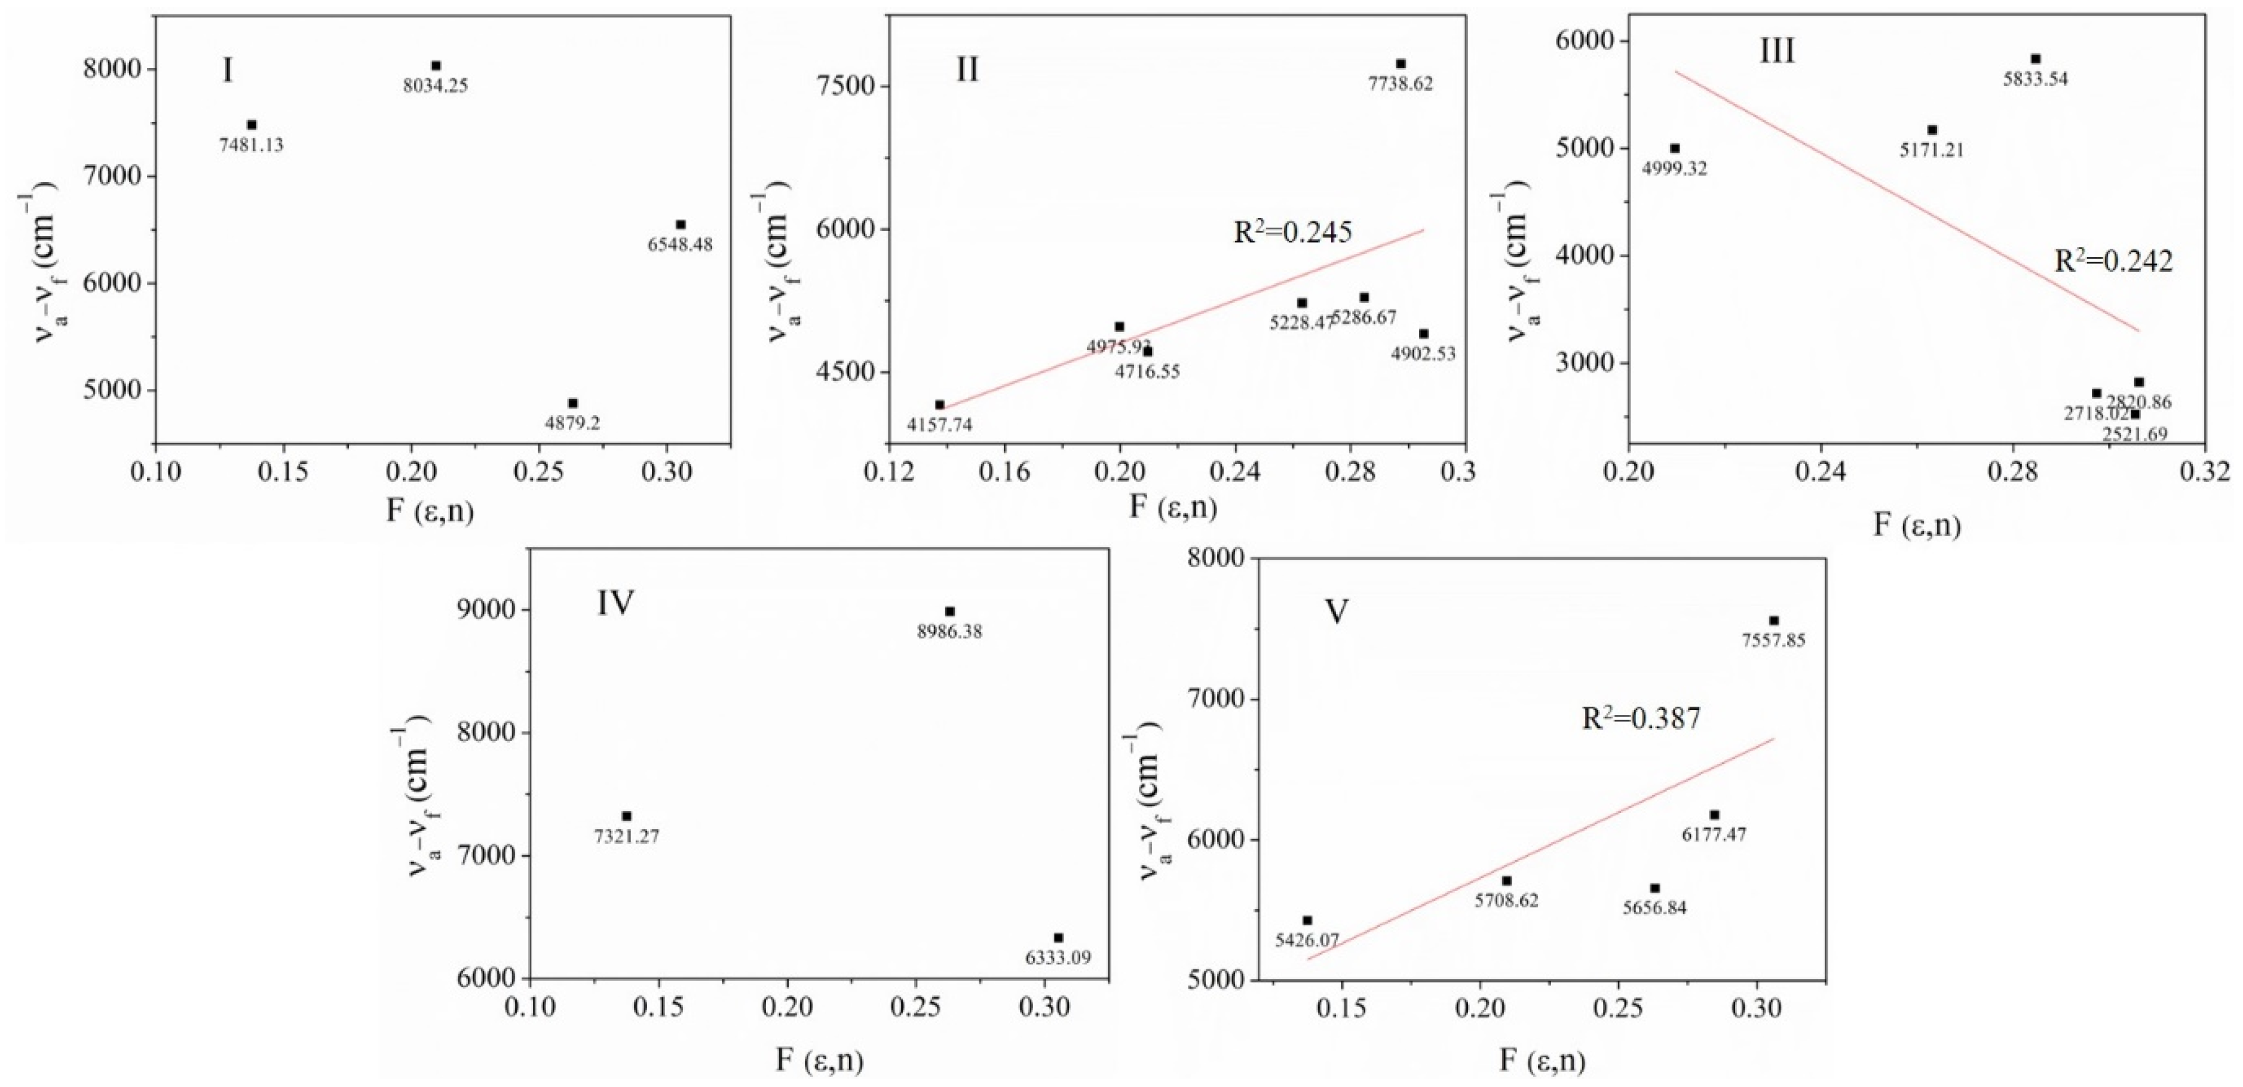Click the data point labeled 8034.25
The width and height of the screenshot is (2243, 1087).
436,65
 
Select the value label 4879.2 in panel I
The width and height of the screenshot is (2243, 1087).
572,424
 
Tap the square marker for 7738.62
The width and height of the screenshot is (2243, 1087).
1400,63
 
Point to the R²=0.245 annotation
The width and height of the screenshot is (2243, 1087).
1293,232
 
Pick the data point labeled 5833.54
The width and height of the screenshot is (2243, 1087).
2036,59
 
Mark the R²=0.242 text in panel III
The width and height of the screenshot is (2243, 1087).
2113,261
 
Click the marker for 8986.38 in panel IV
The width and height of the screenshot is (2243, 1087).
950,612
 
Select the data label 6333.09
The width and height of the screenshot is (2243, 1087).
1058,958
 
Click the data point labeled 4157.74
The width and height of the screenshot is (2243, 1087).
939,405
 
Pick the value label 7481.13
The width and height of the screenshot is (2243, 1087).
251,145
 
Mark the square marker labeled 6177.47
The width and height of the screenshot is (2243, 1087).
1714,815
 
